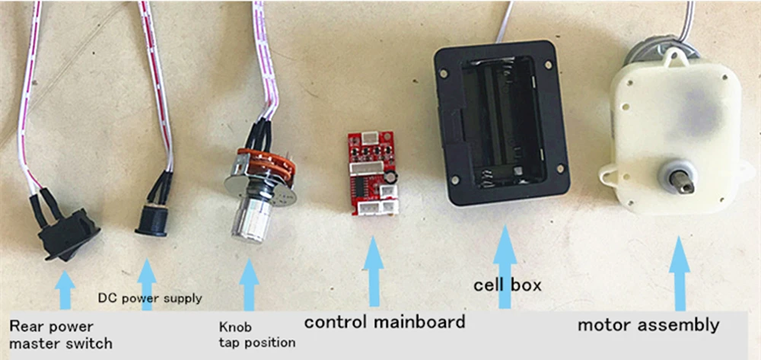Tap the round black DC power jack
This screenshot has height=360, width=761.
point(152,219)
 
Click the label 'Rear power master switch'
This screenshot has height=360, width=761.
point(60,335)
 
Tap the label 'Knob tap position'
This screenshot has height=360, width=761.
point(256,335)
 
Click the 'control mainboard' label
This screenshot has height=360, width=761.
point(384,322)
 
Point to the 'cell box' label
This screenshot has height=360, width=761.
point(507,285)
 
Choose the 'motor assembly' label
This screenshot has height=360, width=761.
point(648,326)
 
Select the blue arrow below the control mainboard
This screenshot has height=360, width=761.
point(373,270)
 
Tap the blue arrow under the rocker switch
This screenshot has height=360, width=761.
point(65,288)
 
